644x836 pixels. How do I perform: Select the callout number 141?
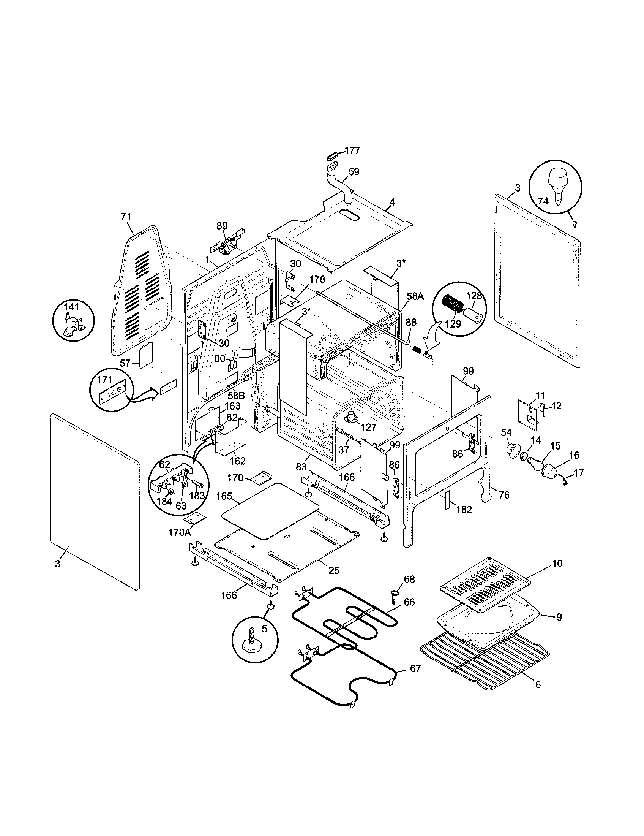71,307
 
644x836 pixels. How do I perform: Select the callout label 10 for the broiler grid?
557,563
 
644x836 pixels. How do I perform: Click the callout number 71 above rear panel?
126,217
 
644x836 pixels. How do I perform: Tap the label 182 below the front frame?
464,510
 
